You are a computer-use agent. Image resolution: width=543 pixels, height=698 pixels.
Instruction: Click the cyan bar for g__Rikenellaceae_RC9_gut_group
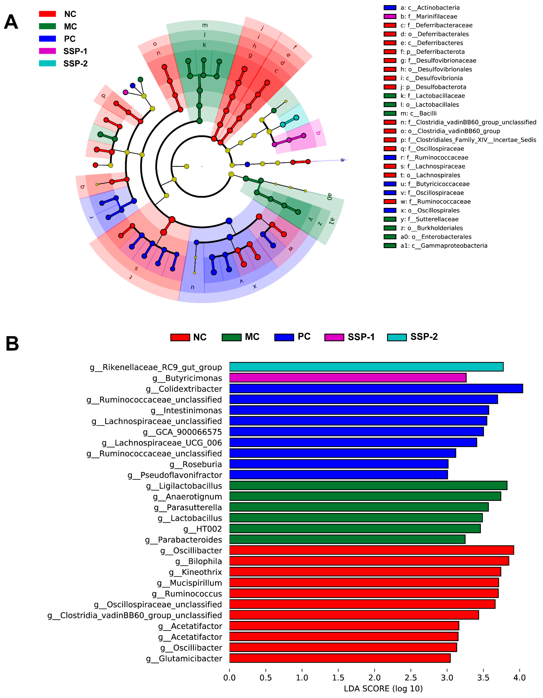pyautogui.click(x=366, y=367)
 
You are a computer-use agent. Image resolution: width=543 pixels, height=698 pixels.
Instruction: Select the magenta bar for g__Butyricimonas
pyautogui.click(x=348, y=378)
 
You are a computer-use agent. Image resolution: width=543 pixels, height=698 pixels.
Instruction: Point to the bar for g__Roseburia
pyautogui.click(x=339, y=464)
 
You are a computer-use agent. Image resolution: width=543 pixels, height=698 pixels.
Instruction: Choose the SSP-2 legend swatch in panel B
pyautogui.click(x=397, y=337)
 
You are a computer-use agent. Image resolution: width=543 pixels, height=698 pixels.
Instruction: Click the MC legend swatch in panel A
pyautogui.click(x=47, y=26)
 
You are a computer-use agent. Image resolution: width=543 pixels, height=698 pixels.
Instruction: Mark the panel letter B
pyautogui.click(x=12, y=344)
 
